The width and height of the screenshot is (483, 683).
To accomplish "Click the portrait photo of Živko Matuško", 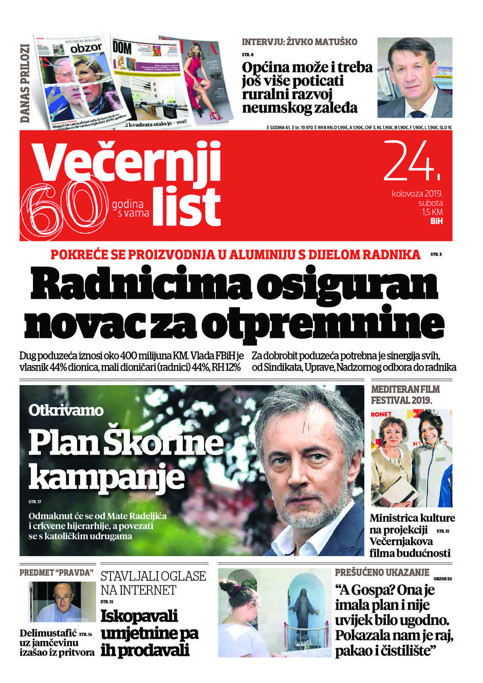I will (414, 78).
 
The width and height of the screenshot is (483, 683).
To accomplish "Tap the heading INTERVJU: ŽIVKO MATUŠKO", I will (299, 42).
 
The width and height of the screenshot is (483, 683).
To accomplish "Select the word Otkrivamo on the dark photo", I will (66, 410).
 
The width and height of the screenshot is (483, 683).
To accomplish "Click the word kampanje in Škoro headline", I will (106, 476).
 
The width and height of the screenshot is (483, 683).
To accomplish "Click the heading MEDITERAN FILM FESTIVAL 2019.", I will (405, 394).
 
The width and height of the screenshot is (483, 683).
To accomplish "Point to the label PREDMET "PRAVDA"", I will (57, 572).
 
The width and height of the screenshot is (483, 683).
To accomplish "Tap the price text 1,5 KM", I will (432, 212).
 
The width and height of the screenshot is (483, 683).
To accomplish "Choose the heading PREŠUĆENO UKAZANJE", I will (382, 572).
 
